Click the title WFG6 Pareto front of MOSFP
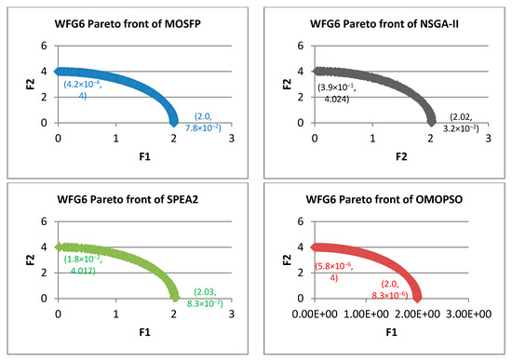[128, 24]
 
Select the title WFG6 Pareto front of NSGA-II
[384, 24]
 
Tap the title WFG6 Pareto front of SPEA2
[128, 199]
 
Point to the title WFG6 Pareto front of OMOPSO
[384, 199]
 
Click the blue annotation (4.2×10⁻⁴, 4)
[83, 89]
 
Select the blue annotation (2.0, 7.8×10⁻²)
[203, 122]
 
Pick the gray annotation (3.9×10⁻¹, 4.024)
[337, 93]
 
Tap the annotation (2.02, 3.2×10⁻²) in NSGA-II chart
[461, 123]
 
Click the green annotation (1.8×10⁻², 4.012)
[83, 265]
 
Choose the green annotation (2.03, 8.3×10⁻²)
[205, 298]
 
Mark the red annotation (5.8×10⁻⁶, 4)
[333, 272]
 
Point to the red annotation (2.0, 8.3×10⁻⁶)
[390, 289]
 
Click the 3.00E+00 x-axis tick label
[468, 314]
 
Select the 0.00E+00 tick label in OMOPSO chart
[315, 314]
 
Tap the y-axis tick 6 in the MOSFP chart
[44, 46]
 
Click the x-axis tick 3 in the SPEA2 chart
[232, 314]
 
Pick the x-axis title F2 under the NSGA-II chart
[401, 157]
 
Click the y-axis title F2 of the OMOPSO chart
[287, 260]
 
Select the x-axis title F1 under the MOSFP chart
[144, 157]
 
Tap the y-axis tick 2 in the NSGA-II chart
[301, 98]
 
